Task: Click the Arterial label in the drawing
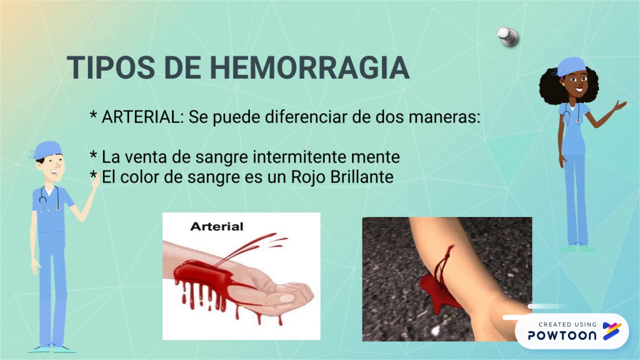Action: tap(216, 226)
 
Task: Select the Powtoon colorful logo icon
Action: tap(612, 331)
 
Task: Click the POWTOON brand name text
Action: tap(562, 335)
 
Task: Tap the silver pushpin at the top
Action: tap(508, 36)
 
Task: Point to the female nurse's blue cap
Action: tap(571, 66)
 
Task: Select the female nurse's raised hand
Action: tap(619, 106)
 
